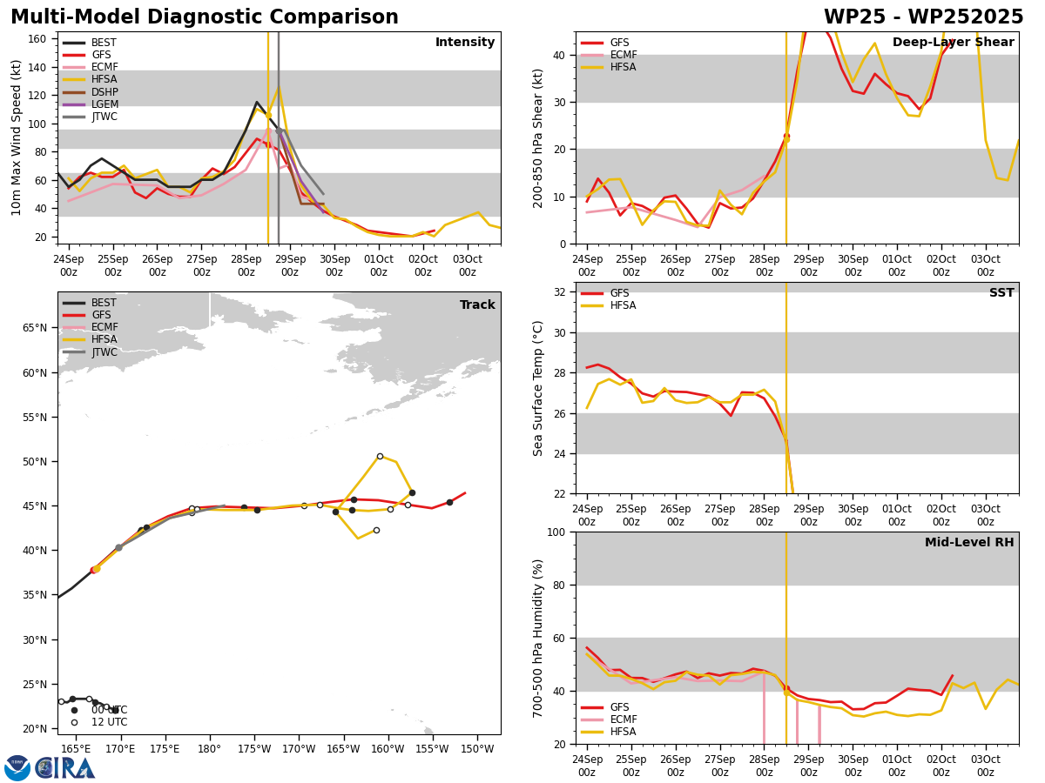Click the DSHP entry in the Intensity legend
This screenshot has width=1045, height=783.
click(90, 91)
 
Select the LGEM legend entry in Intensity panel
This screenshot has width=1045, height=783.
click(90, 104)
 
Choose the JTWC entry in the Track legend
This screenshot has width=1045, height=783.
click(90, 352)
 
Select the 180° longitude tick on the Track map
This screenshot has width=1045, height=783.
click(210, 749)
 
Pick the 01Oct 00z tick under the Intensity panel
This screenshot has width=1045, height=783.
click(379, 265)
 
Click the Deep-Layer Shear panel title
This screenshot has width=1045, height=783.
click(953, 43)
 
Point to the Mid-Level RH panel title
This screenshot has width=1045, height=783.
click(969, 542)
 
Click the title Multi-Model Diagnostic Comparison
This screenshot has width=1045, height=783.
click(205, 17)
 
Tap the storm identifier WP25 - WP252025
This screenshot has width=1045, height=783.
click(924, 17)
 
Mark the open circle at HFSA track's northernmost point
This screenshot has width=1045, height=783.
click(380, 457)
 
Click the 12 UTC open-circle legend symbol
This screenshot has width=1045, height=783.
click(74, 722)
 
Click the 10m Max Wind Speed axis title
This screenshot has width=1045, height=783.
click(16, 137)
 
